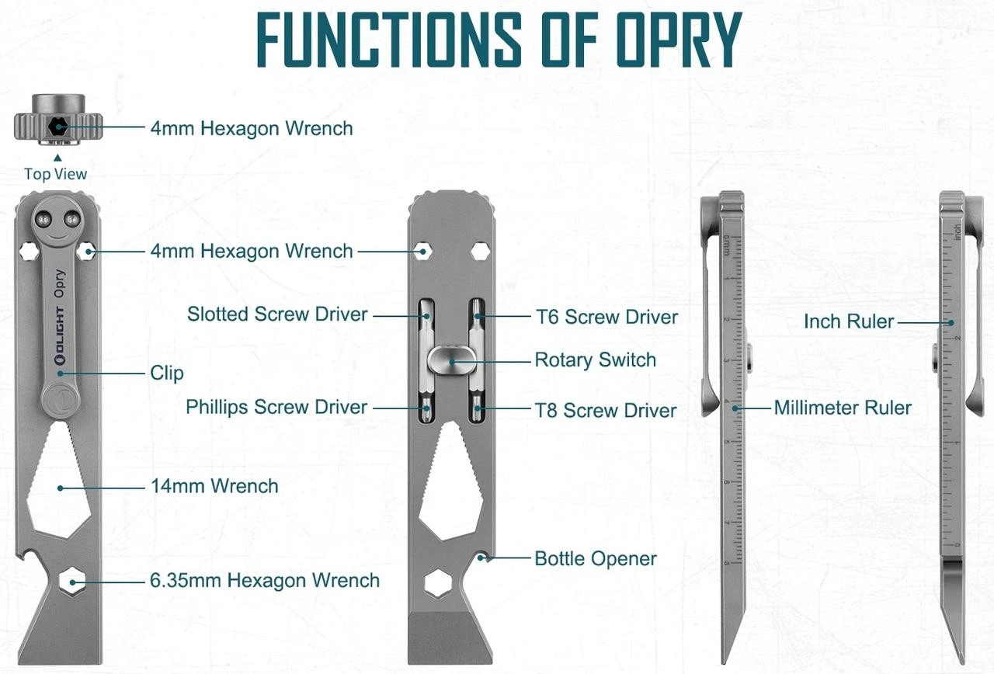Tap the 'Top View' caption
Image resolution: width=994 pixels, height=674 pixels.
tap(55, 174)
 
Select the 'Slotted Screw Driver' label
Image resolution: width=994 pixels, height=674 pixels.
tap(277, 314)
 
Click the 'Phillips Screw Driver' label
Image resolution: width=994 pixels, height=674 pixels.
tap(276, 407)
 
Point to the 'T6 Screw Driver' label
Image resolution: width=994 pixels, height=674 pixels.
tap(606, 317)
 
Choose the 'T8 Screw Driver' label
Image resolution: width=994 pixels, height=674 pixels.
tap(606, 410)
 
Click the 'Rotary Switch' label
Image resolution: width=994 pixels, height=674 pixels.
tap(596, 360)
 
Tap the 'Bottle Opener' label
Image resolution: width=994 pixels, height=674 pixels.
tap(596, 558)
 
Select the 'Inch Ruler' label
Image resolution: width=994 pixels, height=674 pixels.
tap(849, 321)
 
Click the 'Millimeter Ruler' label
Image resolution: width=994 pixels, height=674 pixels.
tap(843, 408)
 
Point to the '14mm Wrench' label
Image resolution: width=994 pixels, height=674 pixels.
tap(214, 487)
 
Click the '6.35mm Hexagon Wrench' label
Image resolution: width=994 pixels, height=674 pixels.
tap(265, 581)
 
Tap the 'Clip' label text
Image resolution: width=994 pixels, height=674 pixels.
tap(167, 373)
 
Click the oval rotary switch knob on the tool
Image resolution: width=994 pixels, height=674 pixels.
tap(451, 360)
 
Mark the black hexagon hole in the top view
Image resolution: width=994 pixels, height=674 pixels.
tap(57, 127)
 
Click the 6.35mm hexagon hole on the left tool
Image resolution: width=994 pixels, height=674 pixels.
tap(74, 581)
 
